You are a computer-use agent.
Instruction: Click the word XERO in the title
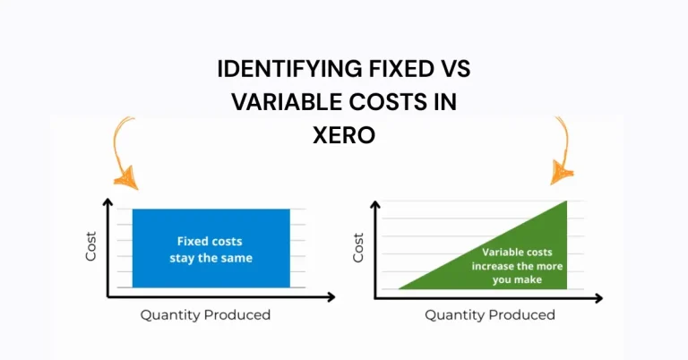[344, 135]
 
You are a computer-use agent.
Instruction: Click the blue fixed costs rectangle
[211, 269]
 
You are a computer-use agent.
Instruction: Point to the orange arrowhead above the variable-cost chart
[563, 169]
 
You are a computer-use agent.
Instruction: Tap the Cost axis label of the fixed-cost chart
[90, 248]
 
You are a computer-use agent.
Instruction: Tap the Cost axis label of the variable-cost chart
[359, 248]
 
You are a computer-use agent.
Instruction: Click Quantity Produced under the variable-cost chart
[489, 314]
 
